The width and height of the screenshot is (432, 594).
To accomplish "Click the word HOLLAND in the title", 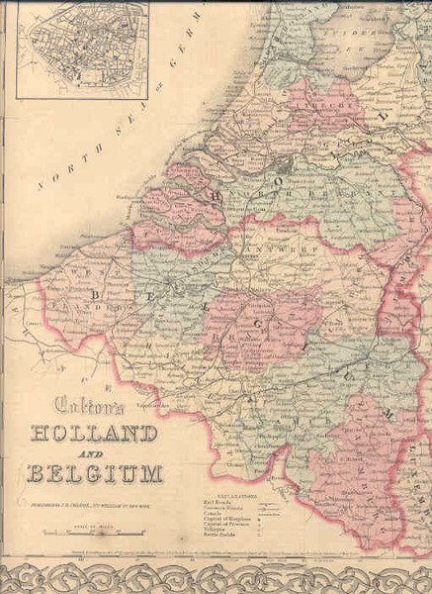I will [95, 434].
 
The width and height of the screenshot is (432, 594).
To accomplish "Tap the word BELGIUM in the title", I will [96, 472].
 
